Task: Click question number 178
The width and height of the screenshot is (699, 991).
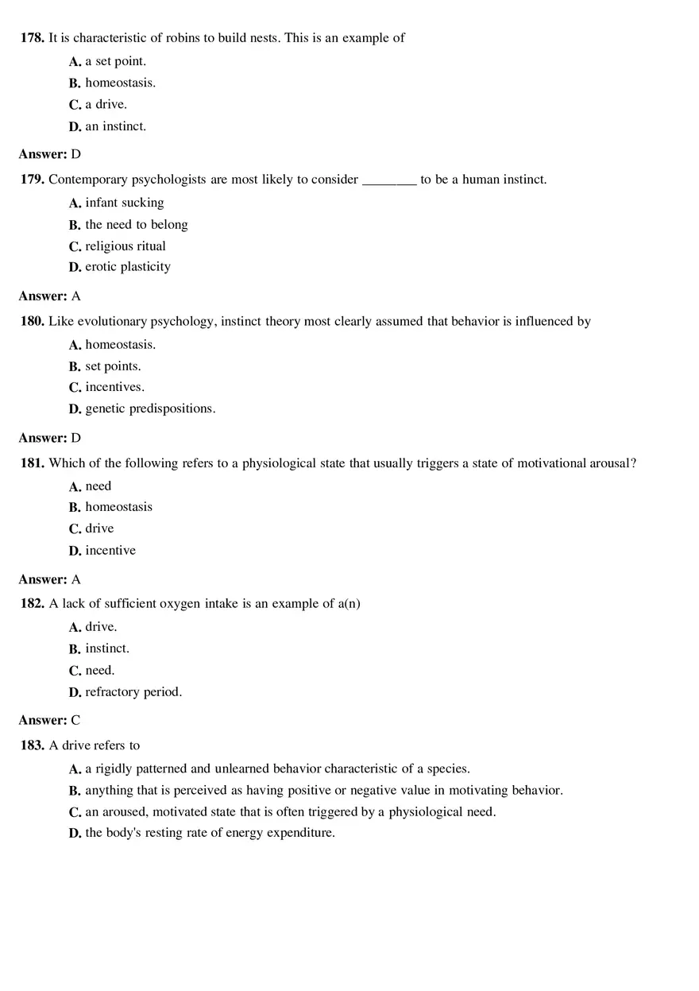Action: click(x=33, y=38)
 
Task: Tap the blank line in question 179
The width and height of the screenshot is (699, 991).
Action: click(x=389, y=180)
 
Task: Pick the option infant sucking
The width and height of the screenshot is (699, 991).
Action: click(x=125, y=203)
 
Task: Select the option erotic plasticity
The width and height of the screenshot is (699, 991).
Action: click(x=128, y=267)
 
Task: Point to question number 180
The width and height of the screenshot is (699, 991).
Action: click(x=33, y=322)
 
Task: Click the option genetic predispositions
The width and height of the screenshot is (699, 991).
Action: click(x=150, y=408)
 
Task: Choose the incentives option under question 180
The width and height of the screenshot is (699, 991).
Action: click(x=114, y=387)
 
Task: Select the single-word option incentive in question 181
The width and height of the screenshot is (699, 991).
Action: click(x=110, y=551)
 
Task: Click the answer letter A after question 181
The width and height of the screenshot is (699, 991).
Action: click(x=76, y=579)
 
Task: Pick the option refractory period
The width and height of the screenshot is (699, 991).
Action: click(x=133, y=692)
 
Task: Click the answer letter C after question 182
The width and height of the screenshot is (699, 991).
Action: click(x=76, y=721)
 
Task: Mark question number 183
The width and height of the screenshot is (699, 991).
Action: click(x=33, y=745)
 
